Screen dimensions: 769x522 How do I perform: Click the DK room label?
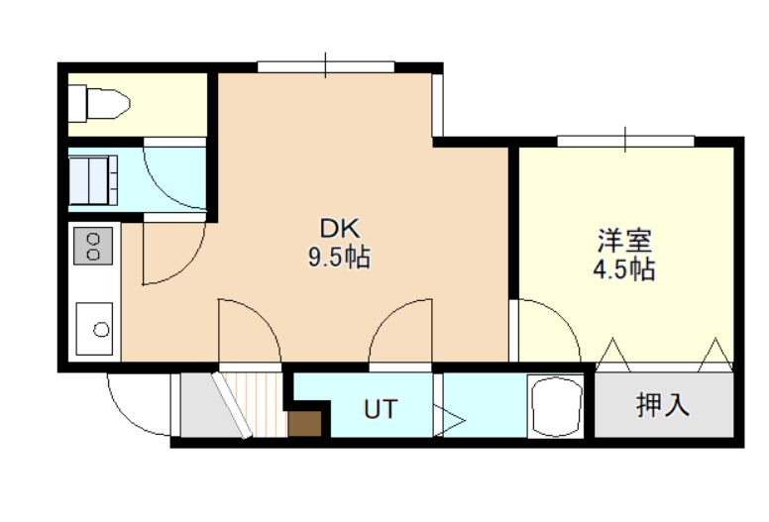340,228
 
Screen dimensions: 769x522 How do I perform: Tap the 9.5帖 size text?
339,257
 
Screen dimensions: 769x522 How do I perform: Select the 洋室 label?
624,240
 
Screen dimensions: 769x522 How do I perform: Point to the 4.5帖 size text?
624,269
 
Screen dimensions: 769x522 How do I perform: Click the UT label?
381,409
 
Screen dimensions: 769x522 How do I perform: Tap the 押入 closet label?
663,405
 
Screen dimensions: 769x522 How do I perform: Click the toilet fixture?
98,103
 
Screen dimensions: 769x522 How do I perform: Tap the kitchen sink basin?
94,329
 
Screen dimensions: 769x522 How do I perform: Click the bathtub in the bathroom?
556,406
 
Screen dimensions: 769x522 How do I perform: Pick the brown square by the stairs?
304,424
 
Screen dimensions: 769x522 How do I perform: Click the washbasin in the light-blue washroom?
93,180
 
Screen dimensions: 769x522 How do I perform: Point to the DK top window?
326,66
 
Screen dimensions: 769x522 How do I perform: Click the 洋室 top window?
625,141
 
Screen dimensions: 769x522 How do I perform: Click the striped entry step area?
260,404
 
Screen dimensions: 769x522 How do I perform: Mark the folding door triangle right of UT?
449,420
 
